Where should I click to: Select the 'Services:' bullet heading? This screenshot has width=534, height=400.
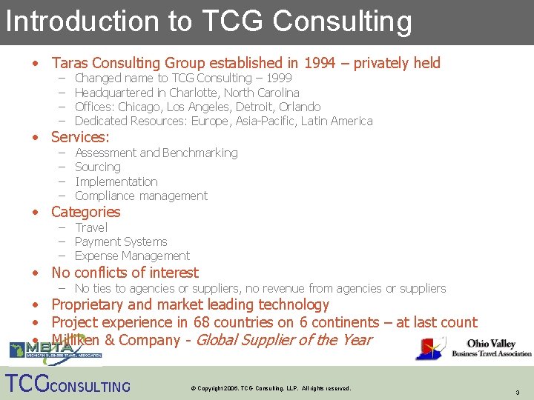point(80,137)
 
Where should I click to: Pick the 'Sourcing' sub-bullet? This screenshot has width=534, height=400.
point(97,167)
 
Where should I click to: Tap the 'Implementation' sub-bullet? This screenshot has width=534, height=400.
point(116,181)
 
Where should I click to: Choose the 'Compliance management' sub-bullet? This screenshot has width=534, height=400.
point(141,196)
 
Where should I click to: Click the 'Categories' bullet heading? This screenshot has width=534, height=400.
point(85,212)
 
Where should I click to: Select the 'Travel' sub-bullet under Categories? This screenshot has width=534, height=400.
point(91,227)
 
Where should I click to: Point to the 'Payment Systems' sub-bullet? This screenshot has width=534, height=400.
point(121,241)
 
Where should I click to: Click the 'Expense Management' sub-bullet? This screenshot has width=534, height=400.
point(132,256)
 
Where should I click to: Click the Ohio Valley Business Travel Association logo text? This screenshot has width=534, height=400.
point(492,348)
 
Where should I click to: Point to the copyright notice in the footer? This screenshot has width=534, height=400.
point(271,388)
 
